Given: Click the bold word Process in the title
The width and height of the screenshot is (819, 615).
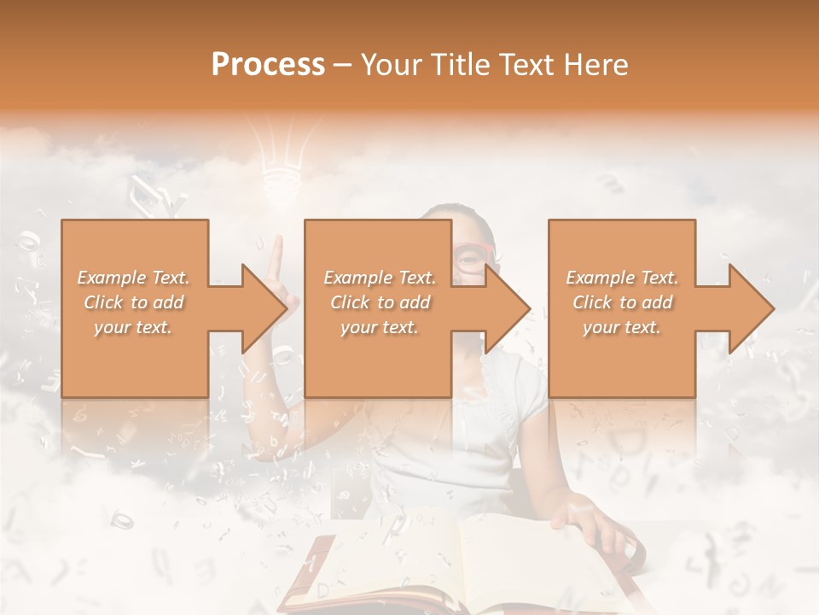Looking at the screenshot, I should [x=268, y=64].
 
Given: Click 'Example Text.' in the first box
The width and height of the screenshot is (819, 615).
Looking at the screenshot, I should [x=134, y=278].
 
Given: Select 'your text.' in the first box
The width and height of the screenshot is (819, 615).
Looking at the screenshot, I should [x=134, y=327].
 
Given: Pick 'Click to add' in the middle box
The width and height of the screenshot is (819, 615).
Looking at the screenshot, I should [x=380, y=302].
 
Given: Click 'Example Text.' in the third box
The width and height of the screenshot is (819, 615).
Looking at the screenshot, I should [x=622, y=278].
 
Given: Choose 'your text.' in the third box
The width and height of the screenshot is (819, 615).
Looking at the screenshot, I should [x=622, y=327].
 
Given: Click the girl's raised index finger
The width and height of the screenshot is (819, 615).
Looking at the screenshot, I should [x=275, y=253].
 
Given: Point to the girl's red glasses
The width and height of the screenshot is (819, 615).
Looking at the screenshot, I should [x=471, y=256].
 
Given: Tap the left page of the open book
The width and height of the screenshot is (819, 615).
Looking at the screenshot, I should [x=384, y=555].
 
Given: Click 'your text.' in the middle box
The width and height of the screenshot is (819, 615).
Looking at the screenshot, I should [x=380, y=327].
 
